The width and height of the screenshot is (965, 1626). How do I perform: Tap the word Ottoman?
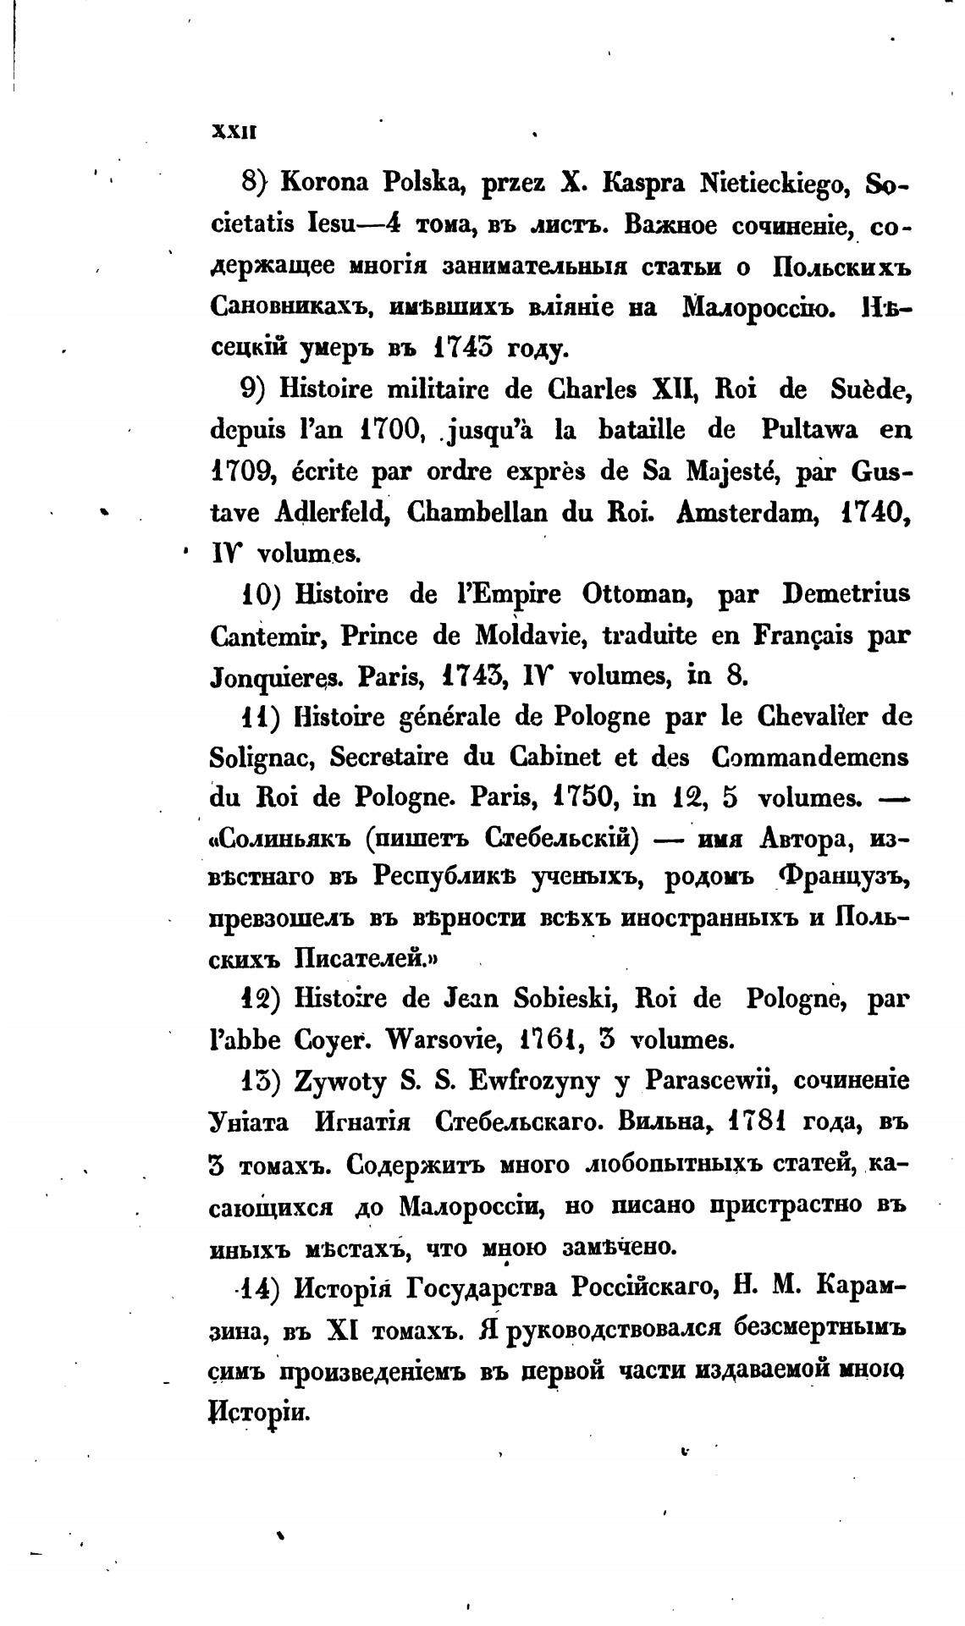(638, 595)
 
